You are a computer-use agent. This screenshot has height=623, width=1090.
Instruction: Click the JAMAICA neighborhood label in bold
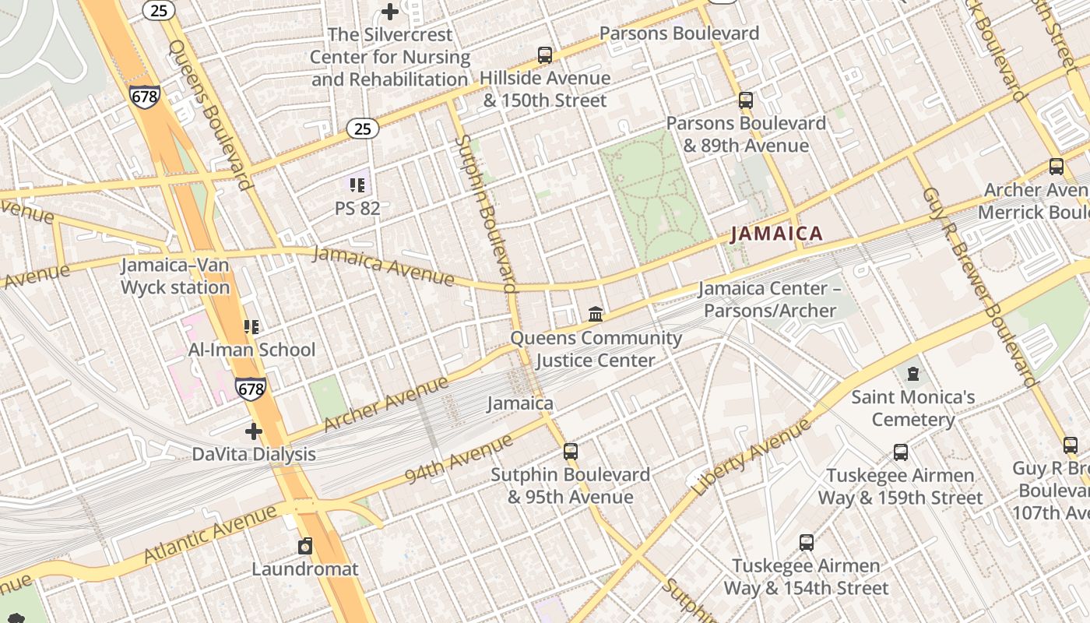pyautogui.click(x=776, y=234)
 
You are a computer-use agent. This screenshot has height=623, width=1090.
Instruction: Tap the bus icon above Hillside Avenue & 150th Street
pyautogui.click(x=545, y=55)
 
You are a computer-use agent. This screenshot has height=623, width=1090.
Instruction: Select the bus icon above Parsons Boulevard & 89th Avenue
pyautogui.click(x=745, y=100)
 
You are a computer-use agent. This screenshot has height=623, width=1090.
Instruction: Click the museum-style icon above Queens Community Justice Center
pyautogui.click(x=596, y=315)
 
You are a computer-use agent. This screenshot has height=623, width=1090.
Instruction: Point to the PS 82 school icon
pyautogui.click(x=357, y=185)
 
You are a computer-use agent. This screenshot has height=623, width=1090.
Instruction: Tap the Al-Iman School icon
pyautogui.click(x=251, y=327)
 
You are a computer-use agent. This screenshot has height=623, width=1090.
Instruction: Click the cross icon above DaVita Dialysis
pyautogui.click(x=254, y=431)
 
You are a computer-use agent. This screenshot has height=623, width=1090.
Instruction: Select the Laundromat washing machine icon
pyautogui.click(x=305, y=546)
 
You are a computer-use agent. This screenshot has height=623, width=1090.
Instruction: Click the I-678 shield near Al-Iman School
pyautogui.click(x=251, y=388)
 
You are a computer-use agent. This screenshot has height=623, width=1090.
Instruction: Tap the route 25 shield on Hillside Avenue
pyautogui.click(x=363, y=129)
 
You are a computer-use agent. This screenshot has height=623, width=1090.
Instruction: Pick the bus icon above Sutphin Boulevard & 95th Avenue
pyautogui.click(x=570, y=452)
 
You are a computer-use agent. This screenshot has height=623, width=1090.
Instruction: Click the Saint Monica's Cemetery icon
pyautogui.click(x=913, y=374)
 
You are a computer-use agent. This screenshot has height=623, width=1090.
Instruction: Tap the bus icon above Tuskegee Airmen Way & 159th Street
pyautogui.click(x=900, y=452)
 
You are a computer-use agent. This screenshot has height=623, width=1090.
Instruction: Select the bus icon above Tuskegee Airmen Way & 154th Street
pyautogui.click(x=807, y=543)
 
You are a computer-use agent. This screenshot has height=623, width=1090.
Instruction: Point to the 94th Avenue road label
pyautogui.click(x=459, y=459)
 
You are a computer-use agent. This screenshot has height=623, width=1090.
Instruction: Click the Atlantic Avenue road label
pyautogui.click(x=210, y=534)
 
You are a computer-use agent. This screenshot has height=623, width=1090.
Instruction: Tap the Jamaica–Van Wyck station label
pyautogui.click(x=175, y=276)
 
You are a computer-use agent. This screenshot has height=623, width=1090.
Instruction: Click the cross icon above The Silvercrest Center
pyautogui.click(x=390, y=12)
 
